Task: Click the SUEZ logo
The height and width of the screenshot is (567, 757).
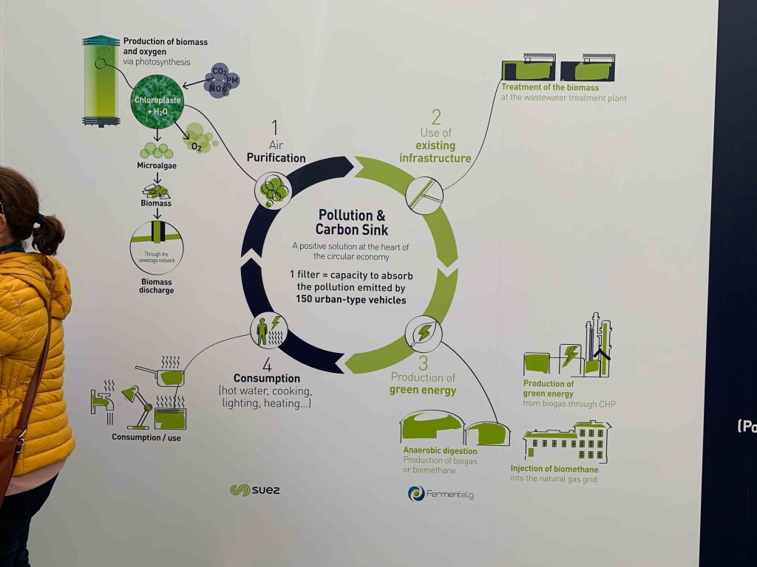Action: click(x=255, y=490)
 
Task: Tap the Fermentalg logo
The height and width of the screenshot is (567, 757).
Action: click(x=440, y=493)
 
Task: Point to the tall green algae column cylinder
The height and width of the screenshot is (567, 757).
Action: click(x=100, y=80)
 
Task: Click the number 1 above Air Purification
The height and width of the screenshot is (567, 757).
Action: click(x=274, y=126)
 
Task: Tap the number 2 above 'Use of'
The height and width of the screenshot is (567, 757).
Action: click(x=436, y=116)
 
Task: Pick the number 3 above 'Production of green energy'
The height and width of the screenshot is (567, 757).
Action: click(x=423, y=362)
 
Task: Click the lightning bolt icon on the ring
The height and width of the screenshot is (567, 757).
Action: click(x=424, y=334)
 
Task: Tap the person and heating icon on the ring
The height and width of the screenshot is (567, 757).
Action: click(x=268, y=330)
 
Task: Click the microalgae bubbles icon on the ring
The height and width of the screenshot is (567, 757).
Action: click(x=273, y=190)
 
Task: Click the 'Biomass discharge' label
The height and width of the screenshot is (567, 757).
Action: click(x=156, y=286)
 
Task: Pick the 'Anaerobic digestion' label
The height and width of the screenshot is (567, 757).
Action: click(x=440, y=450)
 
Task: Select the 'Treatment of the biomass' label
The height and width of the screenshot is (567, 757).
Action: click(x=550, y=88)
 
